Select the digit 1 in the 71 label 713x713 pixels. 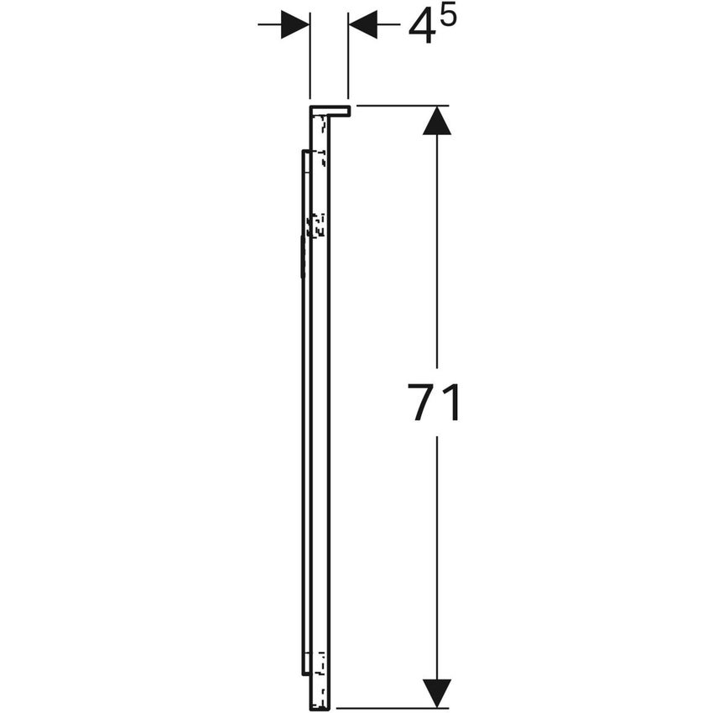coord(451,402)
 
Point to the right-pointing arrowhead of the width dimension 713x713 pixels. coord(295,24)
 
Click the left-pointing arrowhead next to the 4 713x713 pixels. coord(363,24)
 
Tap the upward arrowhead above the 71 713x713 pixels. coord(437,121)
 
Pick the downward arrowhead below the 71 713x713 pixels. coord(437,693)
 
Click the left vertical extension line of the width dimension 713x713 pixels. coord(310,55)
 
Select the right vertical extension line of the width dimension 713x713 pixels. coord(348,55)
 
